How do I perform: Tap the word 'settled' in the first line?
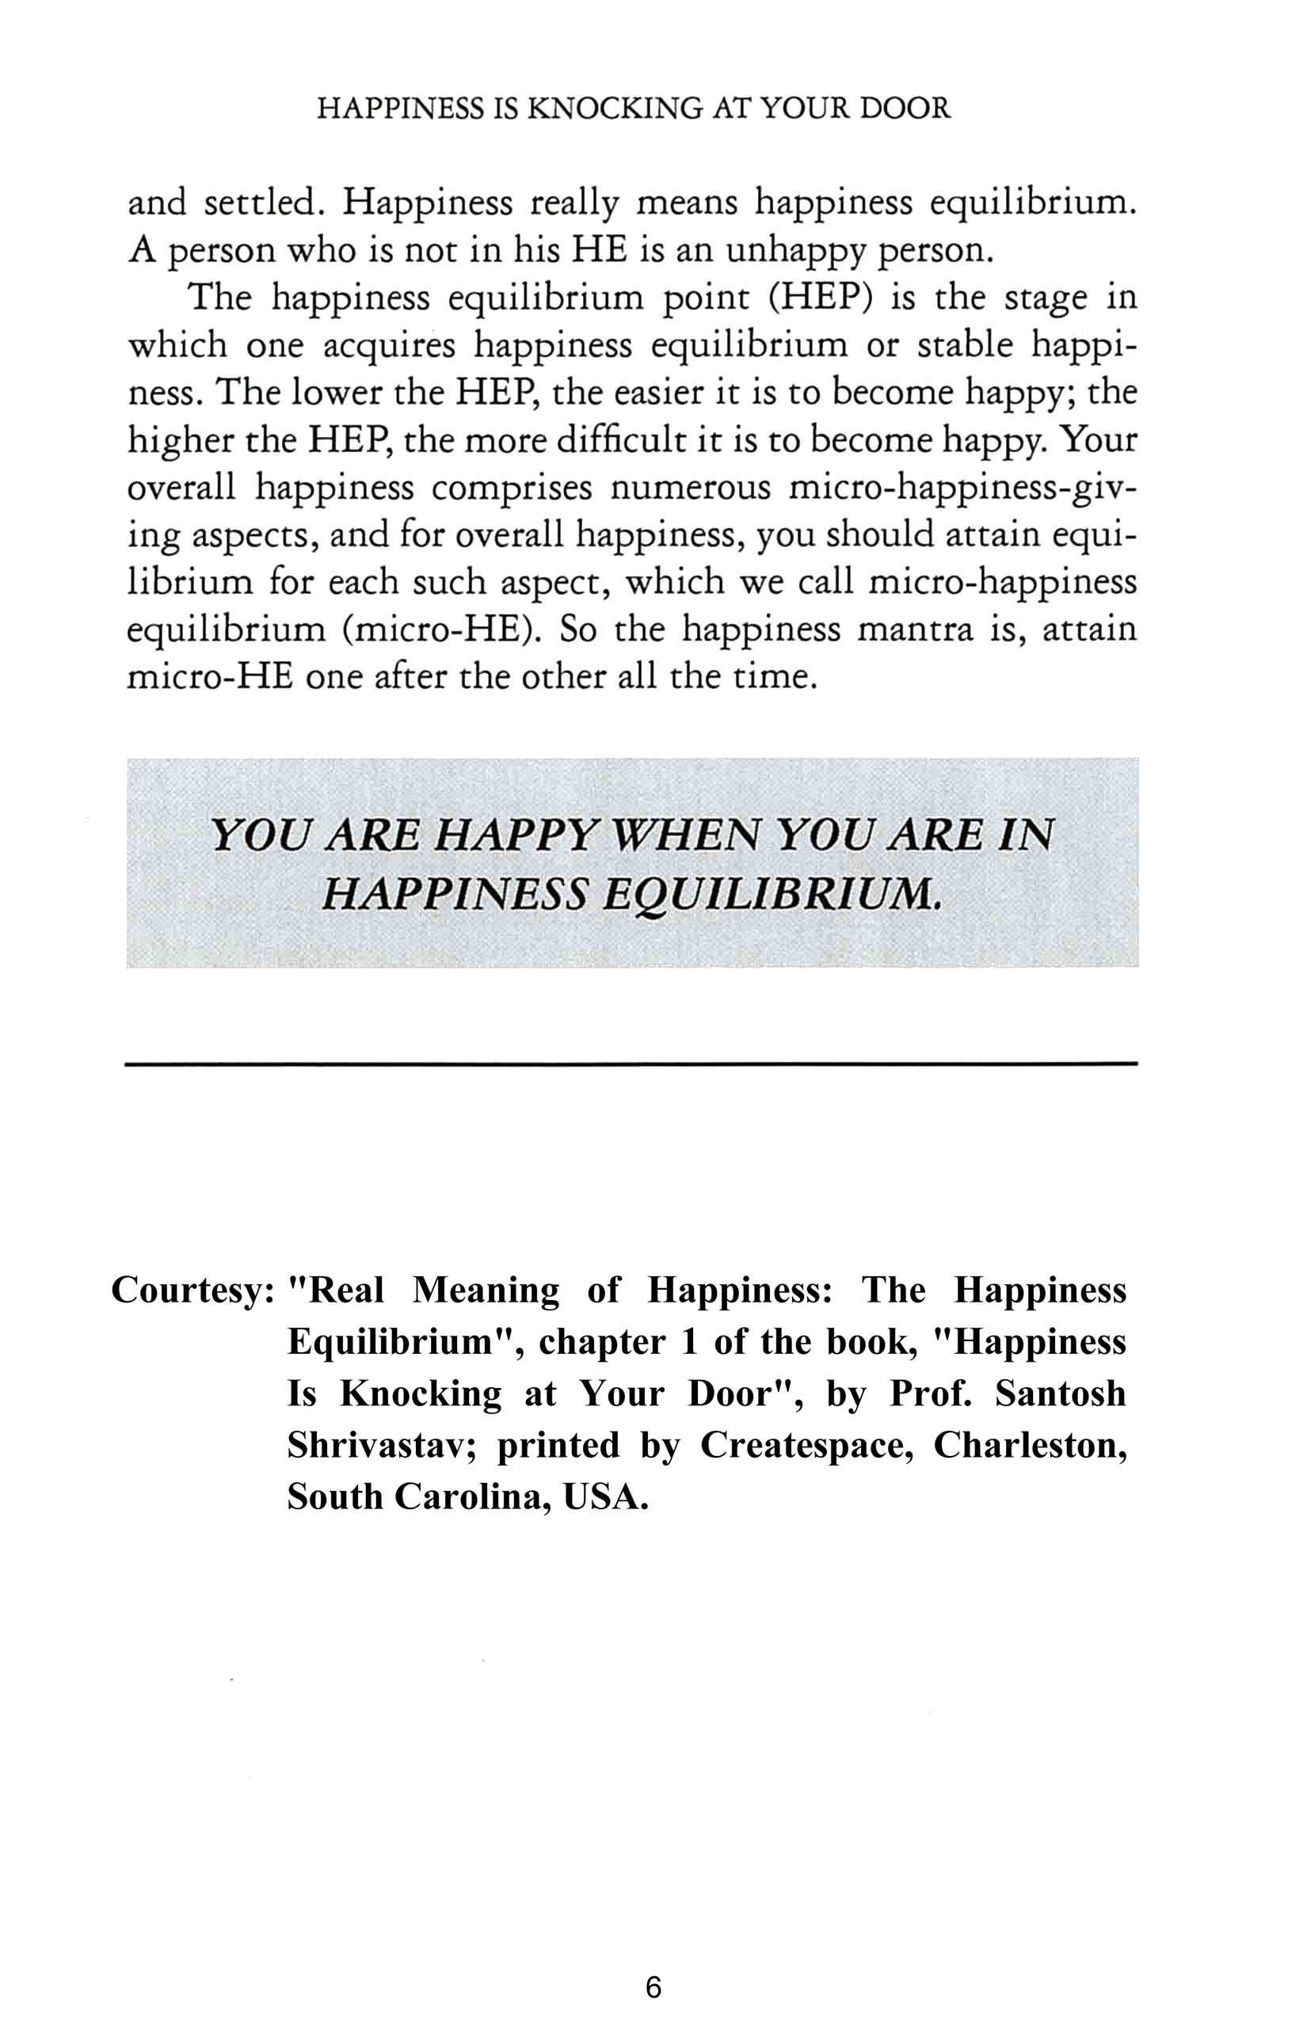click(263, 203)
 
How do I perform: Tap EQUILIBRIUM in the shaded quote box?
click(771, 894)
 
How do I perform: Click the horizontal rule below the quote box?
click(631, 1063)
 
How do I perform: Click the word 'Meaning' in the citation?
click(486, 1291)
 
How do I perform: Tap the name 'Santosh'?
click(1060, 1394)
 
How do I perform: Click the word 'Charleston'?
click(1030, 1446)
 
